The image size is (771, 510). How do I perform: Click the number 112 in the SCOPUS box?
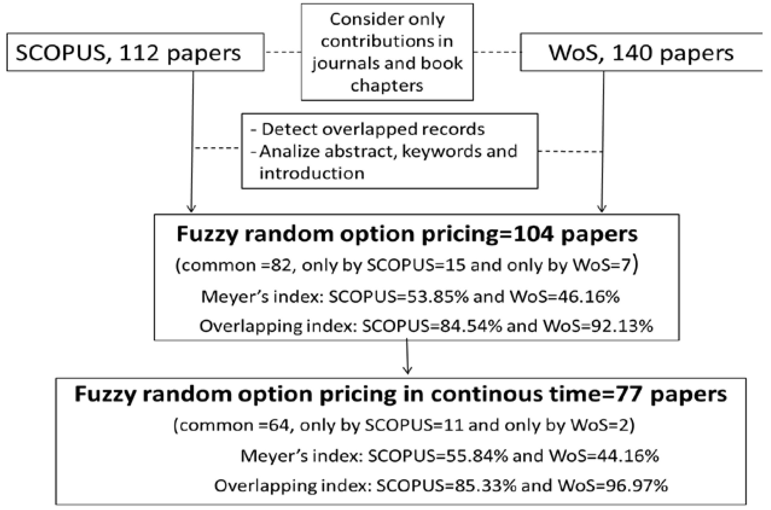[139, 53]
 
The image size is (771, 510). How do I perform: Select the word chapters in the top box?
[387, 86]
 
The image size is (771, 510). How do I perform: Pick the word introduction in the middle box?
[312, 173]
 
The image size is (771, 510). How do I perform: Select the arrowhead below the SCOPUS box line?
[191, 208]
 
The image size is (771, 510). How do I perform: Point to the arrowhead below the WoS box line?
[602, 208]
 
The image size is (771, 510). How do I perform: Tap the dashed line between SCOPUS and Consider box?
[283, 52]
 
